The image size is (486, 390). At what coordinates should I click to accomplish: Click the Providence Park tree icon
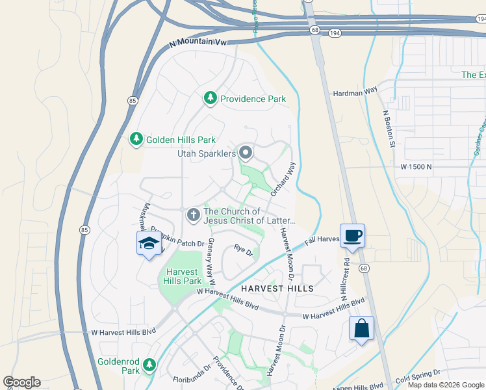tap(210, 98)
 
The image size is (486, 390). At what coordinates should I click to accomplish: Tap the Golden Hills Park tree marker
tap(136, 139)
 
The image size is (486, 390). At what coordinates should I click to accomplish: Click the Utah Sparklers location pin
tap(246, 153)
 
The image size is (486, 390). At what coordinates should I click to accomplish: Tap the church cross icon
tap(193, 214)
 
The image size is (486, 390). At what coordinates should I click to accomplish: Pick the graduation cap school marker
tap(149, 244)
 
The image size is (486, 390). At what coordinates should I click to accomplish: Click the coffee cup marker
tap(352, 235)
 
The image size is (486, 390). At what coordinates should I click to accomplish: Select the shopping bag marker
tap(361, 328)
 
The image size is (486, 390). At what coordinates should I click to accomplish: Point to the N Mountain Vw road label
tap(198, 42)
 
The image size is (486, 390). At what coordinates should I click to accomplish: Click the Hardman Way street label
tap(355, 92)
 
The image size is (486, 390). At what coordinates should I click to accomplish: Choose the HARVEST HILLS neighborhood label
tap(277, 288)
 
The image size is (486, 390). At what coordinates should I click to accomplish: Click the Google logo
tap(21, 382)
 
